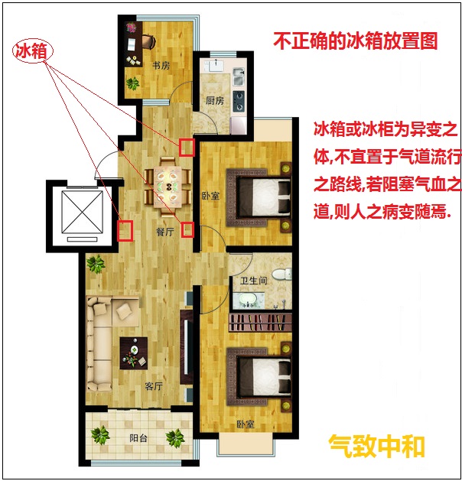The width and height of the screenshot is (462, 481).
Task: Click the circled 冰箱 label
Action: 33,51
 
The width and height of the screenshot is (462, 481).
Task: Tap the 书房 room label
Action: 161,65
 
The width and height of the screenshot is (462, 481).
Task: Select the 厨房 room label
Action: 215,100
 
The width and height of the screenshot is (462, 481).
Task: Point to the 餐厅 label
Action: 165,232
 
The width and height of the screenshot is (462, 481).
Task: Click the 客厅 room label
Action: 154,386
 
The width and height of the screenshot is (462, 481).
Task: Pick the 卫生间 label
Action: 253,281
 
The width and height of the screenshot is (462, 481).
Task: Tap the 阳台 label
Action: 138,438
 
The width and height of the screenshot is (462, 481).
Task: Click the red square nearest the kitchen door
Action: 187,148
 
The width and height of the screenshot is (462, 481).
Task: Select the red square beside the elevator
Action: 125,230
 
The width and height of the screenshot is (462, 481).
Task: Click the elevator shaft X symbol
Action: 82,212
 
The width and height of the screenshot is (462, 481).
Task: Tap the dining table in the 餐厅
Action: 168,186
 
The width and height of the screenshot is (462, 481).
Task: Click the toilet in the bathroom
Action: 281,274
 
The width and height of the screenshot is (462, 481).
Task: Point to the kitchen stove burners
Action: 239,101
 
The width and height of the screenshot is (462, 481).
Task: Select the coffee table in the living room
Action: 134,353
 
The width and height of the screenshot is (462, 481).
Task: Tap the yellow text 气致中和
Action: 377,446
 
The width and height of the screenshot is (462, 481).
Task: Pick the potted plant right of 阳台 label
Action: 175,437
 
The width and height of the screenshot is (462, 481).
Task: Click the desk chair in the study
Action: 148,41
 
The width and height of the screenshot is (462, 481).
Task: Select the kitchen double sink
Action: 239,76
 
